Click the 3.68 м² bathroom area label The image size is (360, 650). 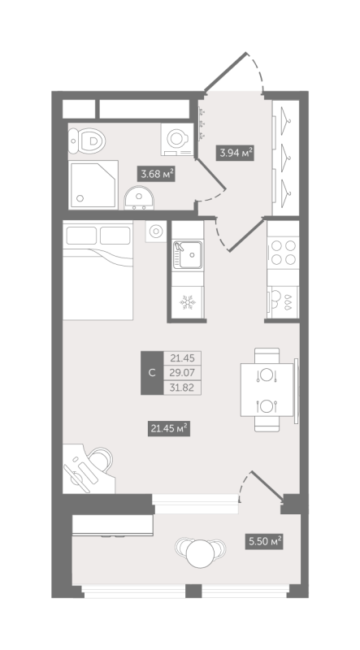pyautogui.click(x=157, y=174)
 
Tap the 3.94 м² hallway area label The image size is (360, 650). pyautogui.click(x=236, y=153)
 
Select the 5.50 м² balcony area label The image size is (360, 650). pyautogui.click(x=264, y=541)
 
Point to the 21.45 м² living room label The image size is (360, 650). pyautogui.click(x=169, y=428)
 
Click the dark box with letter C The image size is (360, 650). pyautogui.click(x=152, y=373)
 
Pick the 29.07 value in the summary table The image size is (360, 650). pyautogui.click(x=183, y=372)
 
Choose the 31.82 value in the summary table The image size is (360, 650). pyautogui.click(x=183, y=388)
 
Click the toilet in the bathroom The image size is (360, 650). pyautogui.click(x=87, y=140)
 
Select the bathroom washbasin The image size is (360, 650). pyautogui.click(x=139, y=197)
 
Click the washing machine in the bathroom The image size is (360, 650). pyautogui.click(x=178, y=139)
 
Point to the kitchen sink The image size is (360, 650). pyautogui.click(x=188, y=254)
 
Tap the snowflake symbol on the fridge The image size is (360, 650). pyautogui.click(x=188, y=302)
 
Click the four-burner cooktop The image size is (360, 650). pyautogui.click(x=283, y=253)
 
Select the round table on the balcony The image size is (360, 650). pyautogui.click(x=201, y=553)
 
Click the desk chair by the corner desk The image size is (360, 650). pyautogui.click(x=100, y=460)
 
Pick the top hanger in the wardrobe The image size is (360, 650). pyautogui.click(x=286, y=120)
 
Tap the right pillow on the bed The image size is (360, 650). pyautogui.click(x=115, y=236)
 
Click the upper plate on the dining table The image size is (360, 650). pyautogui.click(x=267, y=375)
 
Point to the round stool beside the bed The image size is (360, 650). pyautogui.click(x=156, y=231)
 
